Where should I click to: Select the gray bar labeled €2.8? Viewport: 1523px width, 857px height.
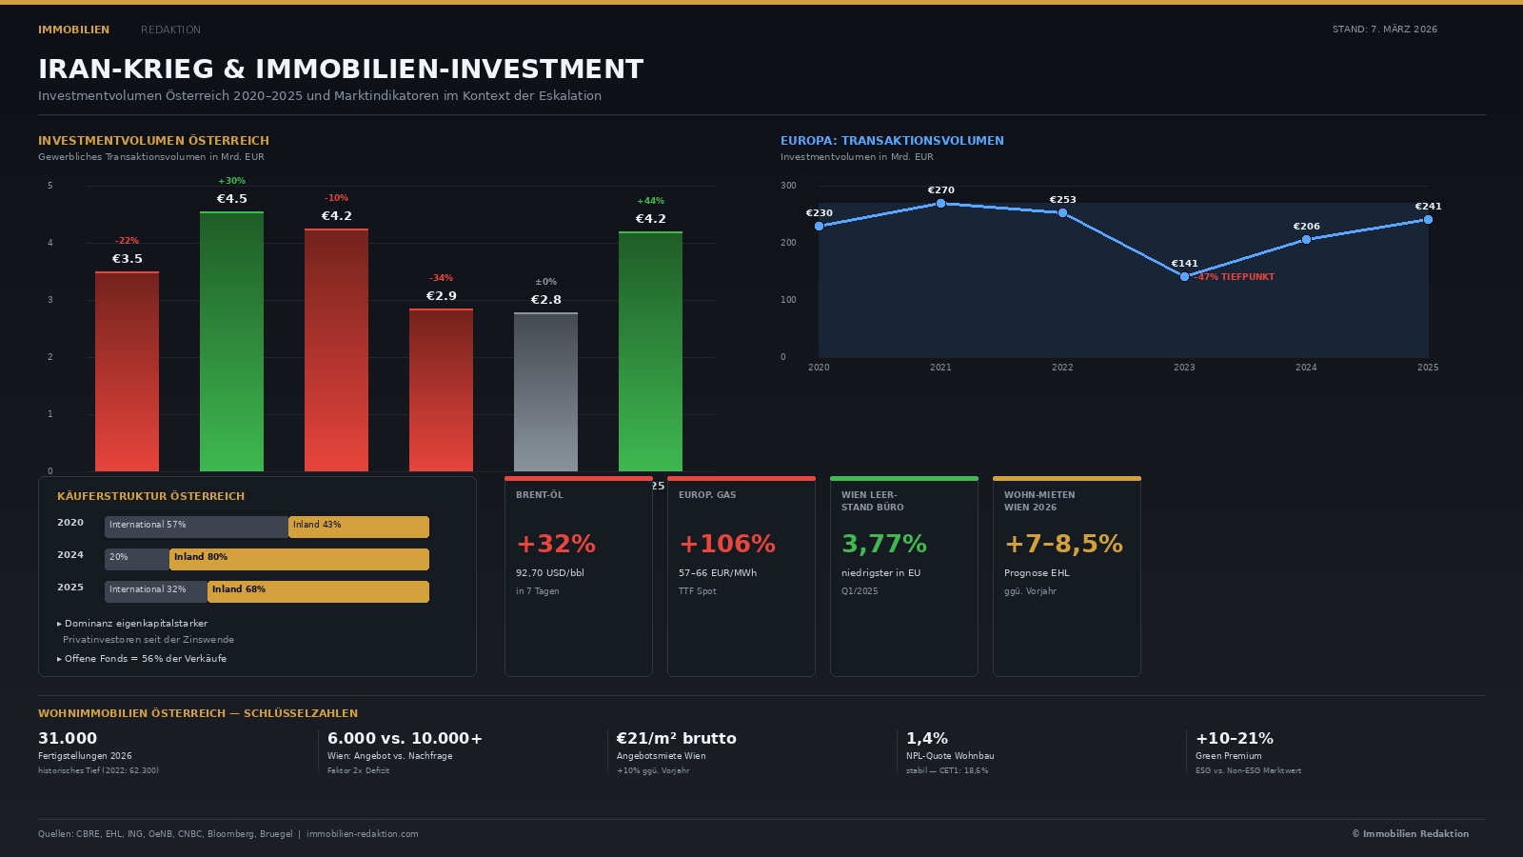tap(545, 391)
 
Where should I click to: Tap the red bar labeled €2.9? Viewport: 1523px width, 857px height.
tap(441, 389)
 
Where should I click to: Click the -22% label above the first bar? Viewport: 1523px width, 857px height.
tap(127, 241)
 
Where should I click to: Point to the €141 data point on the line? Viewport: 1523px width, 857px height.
tap(1184, 276)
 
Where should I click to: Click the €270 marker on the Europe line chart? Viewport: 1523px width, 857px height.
tap(940, 203)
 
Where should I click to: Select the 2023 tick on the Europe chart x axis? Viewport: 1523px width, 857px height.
tap(1184, 368)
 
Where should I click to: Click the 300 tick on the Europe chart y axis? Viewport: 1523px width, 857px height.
tap(788, 186)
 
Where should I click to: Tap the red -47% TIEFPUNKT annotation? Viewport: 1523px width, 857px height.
tap(1235, 277)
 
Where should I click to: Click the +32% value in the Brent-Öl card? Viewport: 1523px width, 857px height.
tap(556, 544)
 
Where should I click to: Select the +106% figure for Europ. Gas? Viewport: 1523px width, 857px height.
tap(727, 544)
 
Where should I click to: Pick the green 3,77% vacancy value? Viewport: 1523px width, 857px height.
tap(883, 544)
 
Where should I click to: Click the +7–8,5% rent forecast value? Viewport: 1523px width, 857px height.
tap(1063, 544)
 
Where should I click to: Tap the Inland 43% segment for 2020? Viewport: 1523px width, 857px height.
tap(359, 527)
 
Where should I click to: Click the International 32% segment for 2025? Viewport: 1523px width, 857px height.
tap(156, 591)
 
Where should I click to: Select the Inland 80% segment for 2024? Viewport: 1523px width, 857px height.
tap(299, 559)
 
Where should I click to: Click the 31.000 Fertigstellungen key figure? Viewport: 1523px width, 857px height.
tap(68, 738)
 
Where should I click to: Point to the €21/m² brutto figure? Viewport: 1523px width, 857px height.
tap(676, 738)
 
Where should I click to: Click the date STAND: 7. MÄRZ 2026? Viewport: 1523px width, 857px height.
tap(1384, 30)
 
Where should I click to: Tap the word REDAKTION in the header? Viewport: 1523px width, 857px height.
tap(170, 30)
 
